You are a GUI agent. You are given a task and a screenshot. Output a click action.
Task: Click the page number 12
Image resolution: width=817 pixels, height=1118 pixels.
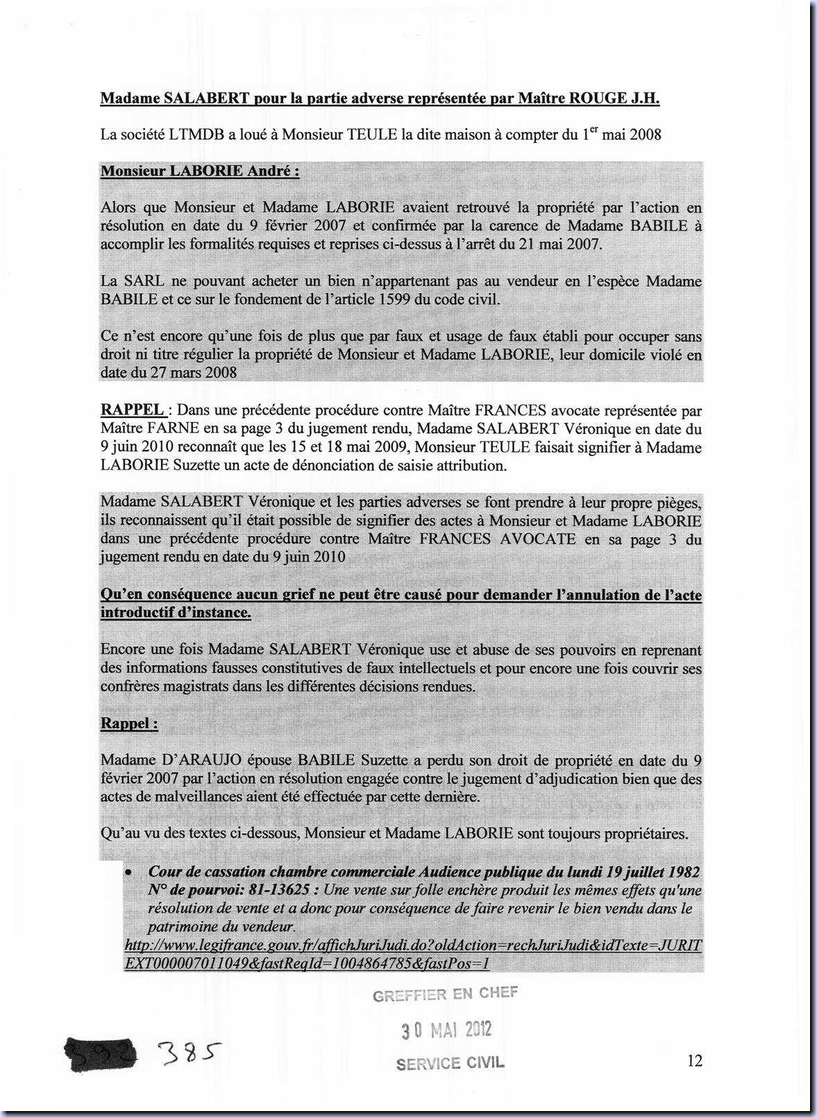coord(694,1060)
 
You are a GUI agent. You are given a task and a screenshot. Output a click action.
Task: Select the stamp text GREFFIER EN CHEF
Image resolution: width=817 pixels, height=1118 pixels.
coord(445,994)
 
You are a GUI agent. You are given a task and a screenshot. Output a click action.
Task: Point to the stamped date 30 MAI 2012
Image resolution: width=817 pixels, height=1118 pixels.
coord(446,1029)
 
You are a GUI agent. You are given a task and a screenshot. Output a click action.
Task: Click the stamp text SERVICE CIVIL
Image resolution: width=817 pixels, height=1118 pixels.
coord(450,1063)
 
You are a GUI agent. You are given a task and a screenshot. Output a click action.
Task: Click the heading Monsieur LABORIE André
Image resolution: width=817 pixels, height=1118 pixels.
coord(200,171)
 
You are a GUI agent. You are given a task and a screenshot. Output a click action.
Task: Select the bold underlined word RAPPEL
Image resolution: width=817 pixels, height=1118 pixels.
coord(132,410)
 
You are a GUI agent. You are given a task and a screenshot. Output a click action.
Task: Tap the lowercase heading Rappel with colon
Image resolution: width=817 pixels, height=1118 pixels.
coord(129,724)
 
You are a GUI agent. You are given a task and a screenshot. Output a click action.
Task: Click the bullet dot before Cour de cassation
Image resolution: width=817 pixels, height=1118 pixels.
coord(129,871)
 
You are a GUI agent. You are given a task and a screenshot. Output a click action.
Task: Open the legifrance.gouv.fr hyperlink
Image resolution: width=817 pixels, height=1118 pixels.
coord(412,954)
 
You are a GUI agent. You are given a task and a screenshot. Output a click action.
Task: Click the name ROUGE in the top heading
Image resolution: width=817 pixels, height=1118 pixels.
coord(598,98)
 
